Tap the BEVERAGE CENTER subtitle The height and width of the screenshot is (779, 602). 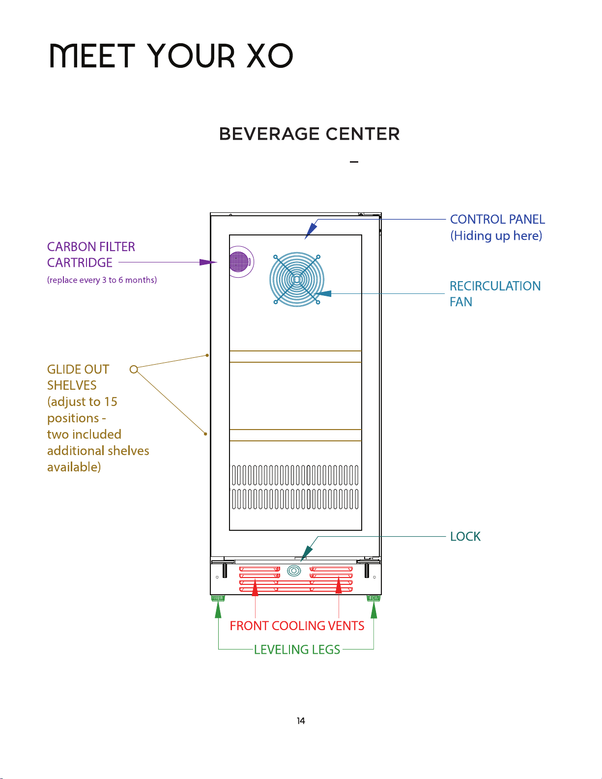309,134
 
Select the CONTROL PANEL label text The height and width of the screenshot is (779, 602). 497,219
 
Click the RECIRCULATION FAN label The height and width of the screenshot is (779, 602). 495,293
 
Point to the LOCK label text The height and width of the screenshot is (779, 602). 465,536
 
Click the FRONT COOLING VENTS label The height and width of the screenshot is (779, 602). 297,626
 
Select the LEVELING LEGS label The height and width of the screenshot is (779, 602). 297,649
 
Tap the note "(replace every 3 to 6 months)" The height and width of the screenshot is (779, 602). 102,280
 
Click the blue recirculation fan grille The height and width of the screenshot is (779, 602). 297,279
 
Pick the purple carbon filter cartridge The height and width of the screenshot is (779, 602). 239,261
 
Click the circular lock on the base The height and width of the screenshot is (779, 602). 294,570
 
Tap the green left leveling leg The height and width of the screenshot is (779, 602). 218,598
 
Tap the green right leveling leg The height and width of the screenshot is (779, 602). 373,598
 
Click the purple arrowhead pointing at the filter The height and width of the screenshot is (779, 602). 208,262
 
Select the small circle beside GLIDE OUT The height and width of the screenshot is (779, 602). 134,369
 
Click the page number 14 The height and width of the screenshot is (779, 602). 301,721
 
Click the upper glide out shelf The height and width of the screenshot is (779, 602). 295,356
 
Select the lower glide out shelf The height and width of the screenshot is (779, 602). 295,435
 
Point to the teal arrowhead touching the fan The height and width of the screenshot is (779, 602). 323,293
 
